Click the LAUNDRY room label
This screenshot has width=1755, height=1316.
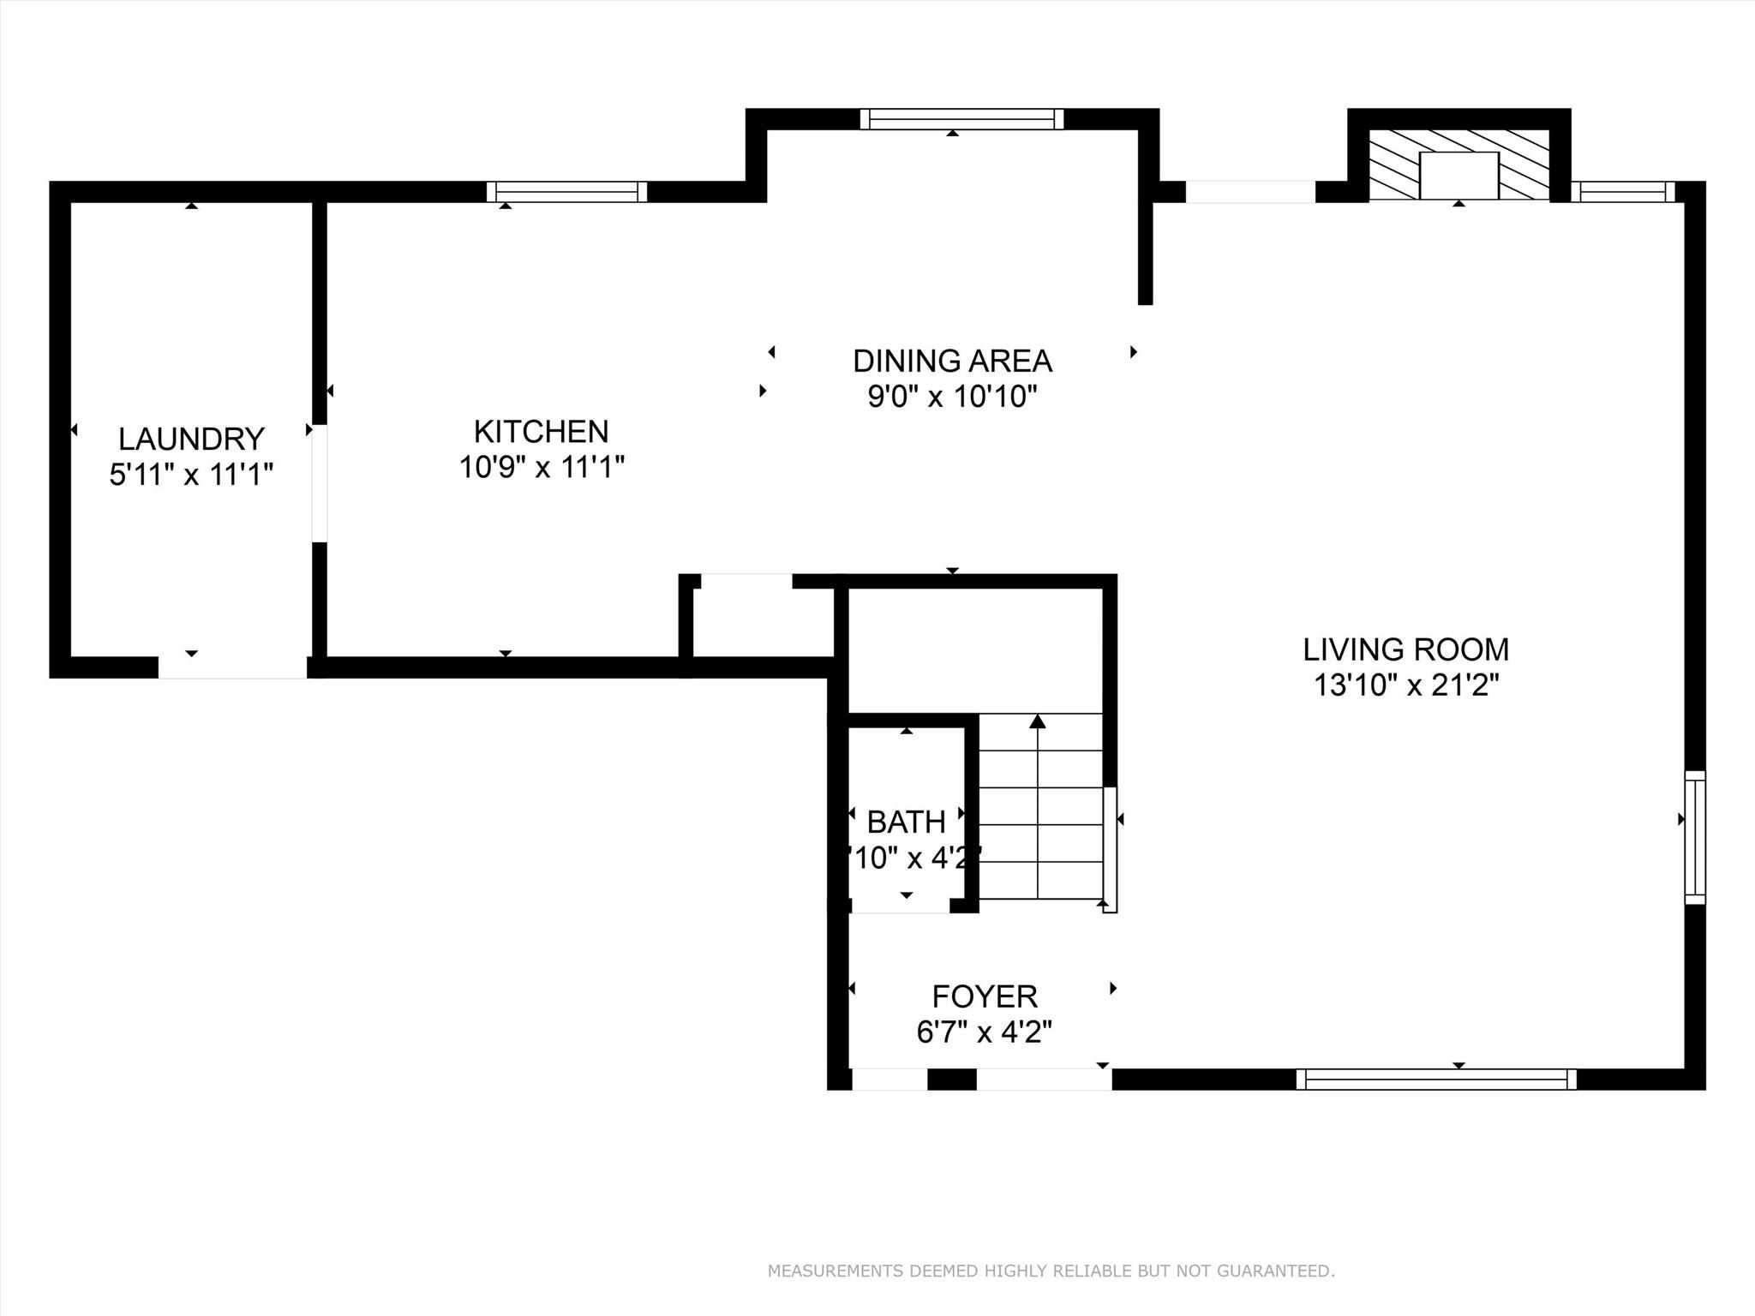191,439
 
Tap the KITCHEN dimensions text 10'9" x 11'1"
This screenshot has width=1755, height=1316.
542,468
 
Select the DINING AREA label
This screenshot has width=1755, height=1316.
952,361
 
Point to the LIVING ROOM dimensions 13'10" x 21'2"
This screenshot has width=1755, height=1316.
1406,685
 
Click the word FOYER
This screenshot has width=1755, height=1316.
985,996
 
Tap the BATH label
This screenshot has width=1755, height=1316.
906,822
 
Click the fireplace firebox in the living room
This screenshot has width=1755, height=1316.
1459,175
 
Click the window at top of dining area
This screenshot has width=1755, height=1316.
961,119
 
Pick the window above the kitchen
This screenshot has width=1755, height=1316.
566,192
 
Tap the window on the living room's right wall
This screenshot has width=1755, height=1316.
1694,837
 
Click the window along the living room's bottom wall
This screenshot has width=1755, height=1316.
1435,1079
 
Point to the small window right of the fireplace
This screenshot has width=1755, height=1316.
1622,192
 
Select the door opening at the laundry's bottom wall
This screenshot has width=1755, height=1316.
232,667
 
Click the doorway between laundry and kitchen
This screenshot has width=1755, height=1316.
319,483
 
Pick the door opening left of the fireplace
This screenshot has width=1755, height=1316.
1249,192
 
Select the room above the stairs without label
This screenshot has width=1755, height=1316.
975,649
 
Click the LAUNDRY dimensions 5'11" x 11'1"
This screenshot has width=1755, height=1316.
191,474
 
